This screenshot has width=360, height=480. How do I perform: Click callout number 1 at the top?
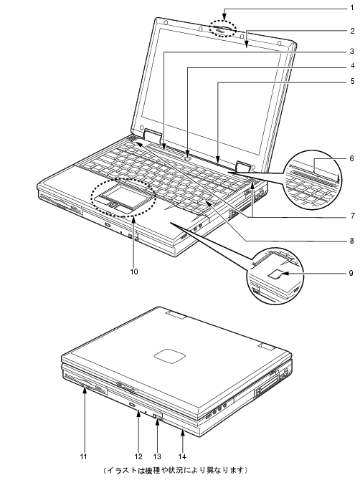352,7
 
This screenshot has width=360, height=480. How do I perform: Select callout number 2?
352,31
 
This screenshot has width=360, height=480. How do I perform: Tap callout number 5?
352,81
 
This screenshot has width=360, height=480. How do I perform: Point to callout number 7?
352,216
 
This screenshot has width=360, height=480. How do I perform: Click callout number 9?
352,272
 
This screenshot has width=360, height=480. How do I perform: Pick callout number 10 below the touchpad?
134,272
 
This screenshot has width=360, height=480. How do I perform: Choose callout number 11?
84,456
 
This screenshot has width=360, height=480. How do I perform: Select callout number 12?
138,456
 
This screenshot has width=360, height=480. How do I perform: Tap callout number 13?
157,456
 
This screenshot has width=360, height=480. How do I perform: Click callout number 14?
182,456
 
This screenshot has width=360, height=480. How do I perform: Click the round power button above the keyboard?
188,158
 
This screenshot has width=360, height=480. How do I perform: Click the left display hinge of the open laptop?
153,136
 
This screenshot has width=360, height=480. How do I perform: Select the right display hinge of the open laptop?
244,166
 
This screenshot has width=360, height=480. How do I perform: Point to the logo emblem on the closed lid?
170,356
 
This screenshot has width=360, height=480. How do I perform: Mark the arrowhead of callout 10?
134,216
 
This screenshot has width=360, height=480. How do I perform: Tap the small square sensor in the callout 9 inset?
276,274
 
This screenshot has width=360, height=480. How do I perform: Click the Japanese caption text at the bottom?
175,470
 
